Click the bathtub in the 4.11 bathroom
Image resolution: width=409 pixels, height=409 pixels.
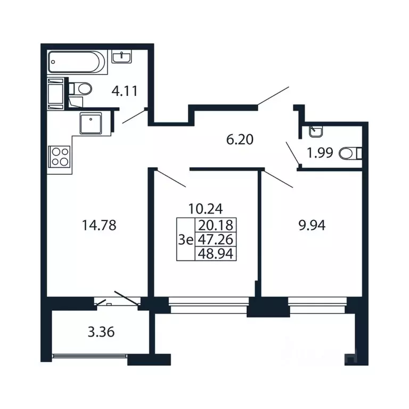[x=77, y=62]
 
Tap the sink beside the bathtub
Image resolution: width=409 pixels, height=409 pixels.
[x=122, y=56]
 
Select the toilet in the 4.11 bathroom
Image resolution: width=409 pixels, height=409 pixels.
[x=80, y=89]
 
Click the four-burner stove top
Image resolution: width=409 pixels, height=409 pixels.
[x=60, y=157]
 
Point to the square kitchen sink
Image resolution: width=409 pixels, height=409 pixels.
[x=91, y=123]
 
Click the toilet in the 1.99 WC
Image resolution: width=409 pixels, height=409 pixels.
[x=350, y=153]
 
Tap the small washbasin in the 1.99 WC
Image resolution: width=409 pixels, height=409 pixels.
[x=316, y=132]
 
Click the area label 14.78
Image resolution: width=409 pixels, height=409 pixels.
[x=99, y=225]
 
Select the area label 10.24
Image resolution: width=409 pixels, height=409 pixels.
[x=206, y=209]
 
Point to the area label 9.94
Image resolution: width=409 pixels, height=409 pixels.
[x=312, y=225]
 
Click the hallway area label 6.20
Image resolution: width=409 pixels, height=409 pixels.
[x=240, y=140]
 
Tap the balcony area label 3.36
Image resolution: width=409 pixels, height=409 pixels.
[x=101, y=332]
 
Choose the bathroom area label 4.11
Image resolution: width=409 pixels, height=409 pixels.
[x=125, y=91]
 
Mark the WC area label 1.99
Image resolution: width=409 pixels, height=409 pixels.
[x=320, y=153]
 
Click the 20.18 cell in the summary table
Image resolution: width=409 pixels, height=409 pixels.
[x=216, y=225]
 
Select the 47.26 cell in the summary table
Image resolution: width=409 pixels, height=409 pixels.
[x=216, y=239]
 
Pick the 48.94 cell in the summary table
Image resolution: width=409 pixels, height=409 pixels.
[x=216, y=253]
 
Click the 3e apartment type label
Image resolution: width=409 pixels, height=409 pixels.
[x=186, y=240]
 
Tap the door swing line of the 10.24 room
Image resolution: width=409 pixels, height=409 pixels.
[x=170, y=179]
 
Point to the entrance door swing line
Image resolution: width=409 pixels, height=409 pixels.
[x=273, y=96]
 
